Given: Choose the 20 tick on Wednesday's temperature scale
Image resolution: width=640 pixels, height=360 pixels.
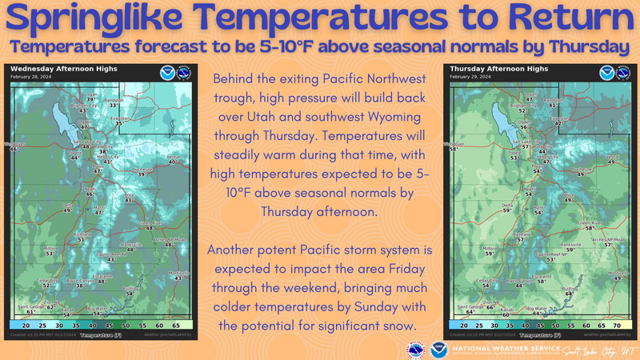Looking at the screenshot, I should pos(26,326).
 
